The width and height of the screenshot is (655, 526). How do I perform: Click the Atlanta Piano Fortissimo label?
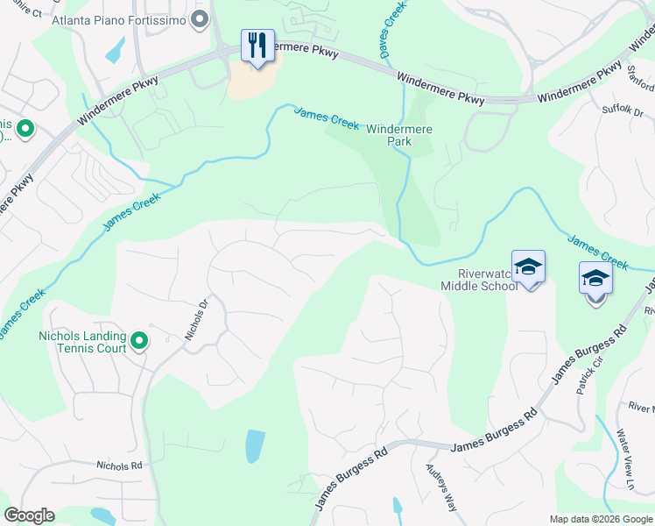click(x=120, y=19)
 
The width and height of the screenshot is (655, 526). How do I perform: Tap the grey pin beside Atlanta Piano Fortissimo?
click(x=201, y=18)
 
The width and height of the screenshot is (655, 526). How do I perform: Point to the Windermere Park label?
click(x=400, y=134)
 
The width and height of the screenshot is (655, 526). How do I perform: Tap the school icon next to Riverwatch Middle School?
click(x=528, y=267)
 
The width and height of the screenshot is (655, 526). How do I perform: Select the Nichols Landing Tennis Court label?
click(x=83, y=342)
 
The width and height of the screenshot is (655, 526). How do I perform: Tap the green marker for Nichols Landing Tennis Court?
click(x=138, y=340)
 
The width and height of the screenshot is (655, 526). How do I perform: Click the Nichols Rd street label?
click(x=119, y=466)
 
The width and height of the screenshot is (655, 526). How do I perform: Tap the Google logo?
click(x=29, y=515)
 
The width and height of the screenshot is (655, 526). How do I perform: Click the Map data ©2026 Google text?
click(x=600, y=519)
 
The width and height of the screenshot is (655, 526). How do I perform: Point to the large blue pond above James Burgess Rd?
click(x=253, y=446)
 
